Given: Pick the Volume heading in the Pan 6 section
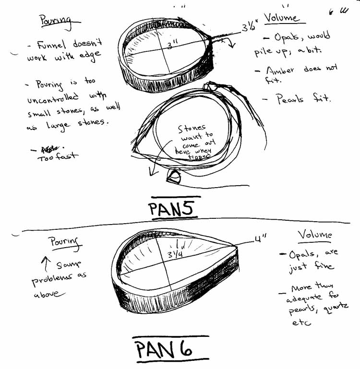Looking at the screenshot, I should [315, 235].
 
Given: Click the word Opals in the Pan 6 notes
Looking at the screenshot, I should [300, 254].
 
